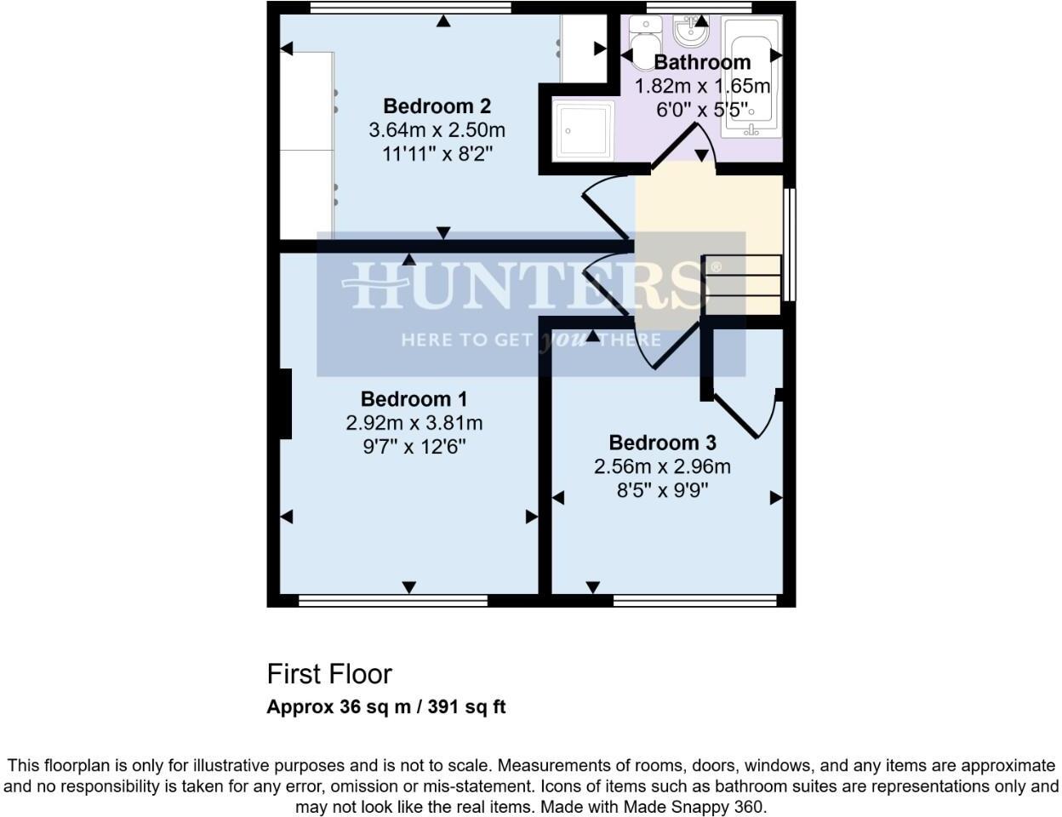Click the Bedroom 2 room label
[437, 106]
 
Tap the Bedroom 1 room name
[414, 399]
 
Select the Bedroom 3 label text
[662, 443]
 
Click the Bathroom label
[702, 62]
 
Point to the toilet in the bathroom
[644, 37]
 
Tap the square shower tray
[583, 130]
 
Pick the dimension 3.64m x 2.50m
[437, 130]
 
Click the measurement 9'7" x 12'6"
[414, 446]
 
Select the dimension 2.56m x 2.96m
[662, 466]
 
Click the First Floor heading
[329, 674]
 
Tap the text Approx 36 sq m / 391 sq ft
[386, 706]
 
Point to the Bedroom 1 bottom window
[393, 601]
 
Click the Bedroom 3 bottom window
[695, 601]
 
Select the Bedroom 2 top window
[410, 8]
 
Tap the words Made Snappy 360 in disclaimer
[696, 806]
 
